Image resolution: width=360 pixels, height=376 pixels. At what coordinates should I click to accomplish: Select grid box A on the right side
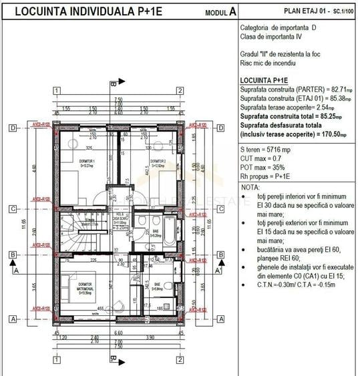click(x=222, y=319)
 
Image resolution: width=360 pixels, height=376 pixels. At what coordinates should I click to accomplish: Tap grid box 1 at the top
click(x=57, y=91)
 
